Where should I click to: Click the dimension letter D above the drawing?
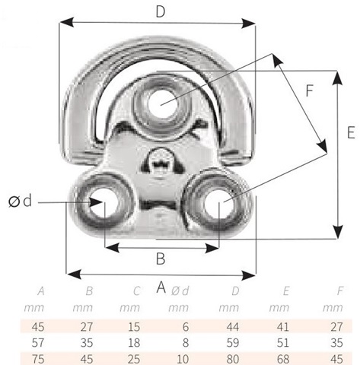coord(161,12)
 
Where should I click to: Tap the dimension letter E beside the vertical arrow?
coord(351,132)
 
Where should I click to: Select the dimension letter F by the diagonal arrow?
coord(310,90)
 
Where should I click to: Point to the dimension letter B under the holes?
coord(161,259)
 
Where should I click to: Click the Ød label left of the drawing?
coord(21,201)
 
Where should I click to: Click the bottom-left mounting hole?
coord(104,202)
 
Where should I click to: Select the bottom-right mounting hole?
coord(218,203)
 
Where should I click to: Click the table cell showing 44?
coord(233,327)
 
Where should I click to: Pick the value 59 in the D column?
coord(233,343)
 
